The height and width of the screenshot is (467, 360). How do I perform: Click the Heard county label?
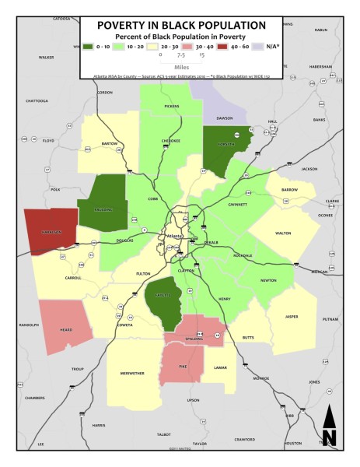pos(66,330)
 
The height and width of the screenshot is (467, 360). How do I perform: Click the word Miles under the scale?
pos(180,68)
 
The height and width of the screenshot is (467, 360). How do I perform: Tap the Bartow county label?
pos(109,144)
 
